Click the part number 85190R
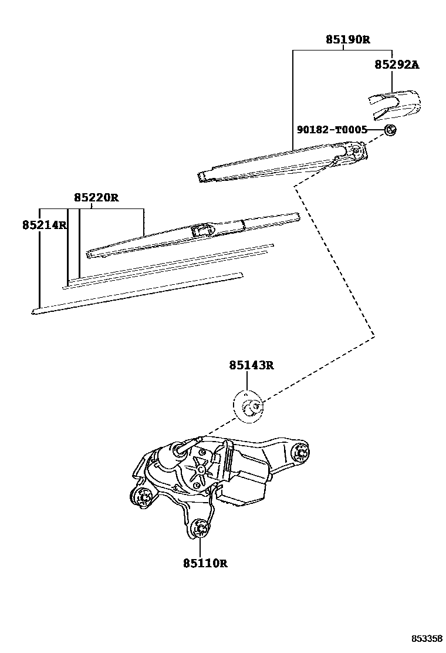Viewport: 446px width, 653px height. [348, 40]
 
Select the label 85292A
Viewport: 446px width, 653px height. [397, 65]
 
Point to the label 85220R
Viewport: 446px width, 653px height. [96, 198]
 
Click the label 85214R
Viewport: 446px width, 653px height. [45, 225]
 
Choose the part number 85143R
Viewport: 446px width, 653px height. [251, 366]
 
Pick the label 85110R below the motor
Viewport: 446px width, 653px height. [205, 563]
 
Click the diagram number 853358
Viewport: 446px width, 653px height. [426, 638]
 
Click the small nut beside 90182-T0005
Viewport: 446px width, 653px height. [390, 130]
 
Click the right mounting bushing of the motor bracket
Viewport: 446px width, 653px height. [301, 453]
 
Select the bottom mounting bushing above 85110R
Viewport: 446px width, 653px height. [200, 530]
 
